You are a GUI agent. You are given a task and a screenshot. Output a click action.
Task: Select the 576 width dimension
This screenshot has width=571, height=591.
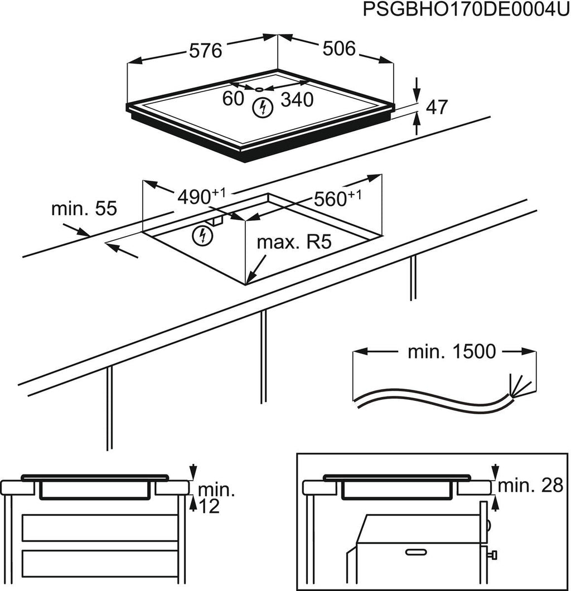[205, 51]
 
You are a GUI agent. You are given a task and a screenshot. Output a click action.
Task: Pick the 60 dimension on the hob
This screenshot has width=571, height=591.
[234, 99]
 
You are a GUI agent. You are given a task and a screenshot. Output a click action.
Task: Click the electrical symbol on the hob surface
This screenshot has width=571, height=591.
[260, 107]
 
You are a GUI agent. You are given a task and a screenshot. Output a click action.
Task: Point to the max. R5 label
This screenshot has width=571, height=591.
[294, 243]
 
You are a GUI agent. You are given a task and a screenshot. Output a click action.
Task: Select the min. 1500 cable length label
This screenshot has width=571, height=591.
[451, 351]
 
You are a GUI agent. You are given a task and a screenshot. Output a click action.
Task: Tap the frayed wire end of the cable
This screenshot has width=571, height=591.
[517, 384]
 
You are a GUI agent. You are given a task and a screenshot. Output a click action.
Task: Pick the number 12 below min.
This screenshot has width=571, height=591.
[206, 506]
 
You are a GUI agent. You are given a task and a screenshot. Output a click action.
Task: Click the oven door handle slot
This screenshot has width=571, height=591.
[420, 553]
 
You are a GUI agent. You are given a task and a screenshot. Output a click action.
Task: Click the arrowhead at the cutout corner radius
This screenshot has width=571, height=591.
[248, 280]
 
